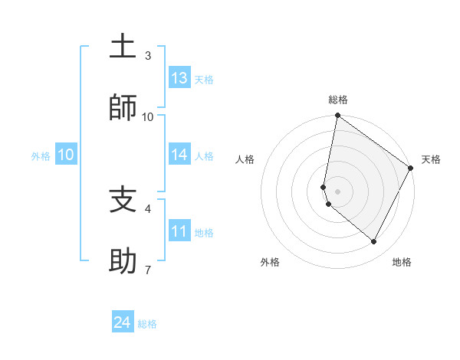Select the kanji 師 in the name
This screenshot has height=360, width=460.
123,107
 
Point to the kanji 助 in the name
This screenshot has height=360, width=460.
123,261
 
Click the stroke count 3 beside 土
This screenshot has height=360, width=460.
148,56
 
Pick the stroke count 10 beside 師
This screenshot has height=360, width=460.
148,116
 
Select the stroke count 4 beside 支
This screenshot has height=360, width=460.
148,208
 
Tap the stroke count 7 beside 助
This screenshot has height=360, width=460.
148,270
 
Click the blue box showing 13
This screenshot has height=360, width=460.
179,78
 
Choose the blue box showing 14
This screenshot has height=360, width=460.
179,155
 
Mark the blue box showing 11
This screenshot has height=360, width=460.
179,231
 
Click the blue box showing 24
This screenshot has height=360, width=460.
123,322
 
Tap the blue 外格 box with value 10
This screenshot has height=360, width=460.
66,155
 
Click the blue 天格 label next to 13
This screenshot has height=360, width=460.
204,79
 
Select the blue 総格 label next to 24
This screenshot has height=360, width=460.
147,324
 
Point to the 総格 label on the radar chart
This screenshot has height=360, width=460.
338,100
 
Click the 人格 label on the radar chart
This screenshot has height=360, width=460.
245,159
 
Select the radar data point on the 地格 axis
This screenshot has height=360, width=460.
374,242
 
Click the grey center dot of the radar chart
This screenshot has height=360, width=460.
338,191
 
